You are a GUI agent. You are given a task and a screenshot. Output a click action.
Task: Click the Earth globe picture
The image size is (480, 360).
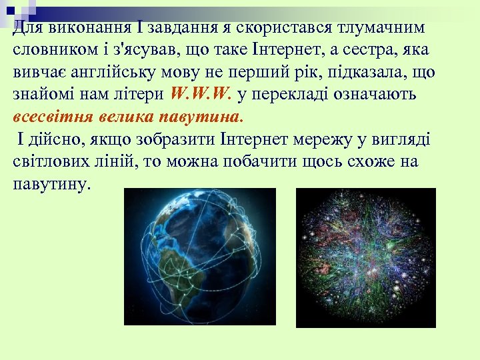200,256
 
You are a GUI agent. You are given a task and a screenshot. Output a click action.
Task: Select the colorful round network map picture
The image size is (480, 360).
365,257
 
